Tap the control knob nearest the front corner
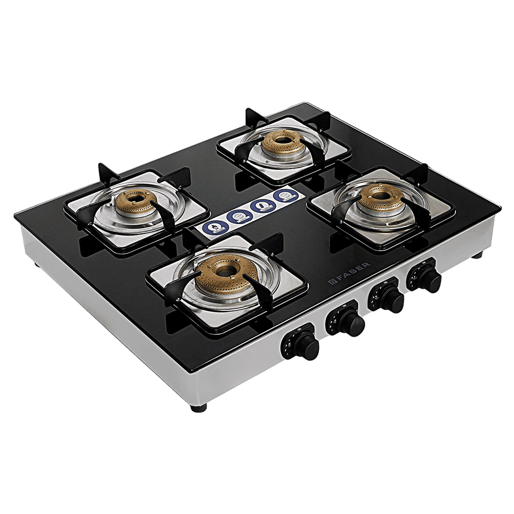305,348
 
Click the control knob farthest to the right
428,281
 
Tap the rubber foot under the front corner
198,408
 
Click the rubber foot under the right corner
477,254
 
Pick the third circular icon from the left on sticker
261,205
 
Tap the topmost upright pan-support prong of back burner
255,116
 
